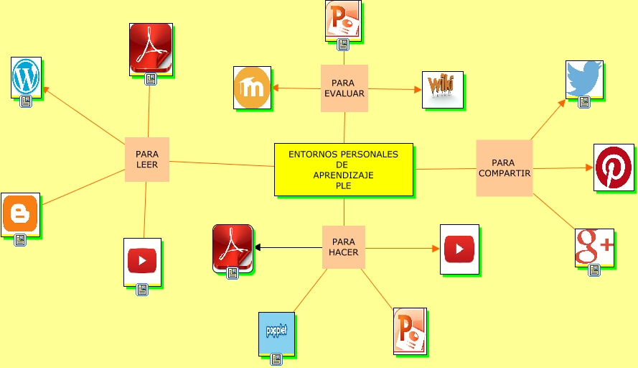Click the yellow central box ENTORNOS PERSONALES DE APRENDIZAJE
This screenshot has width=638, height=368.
click(x=343, y=169)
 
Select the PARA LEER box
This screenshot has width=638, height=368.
click(x=147, y=159)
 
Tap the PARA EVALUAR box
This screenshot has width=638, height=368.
click(x=344, y=88)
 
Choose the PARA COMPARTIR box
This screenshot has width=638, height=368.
click(x=504, y=168)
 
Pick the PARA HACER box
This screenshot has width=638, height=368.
click(x=343, y=247)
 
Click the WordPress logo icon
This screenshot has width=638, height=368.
click(x=26, y=75)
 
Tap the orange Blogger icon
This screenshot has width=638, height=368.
click(x=20, y=213)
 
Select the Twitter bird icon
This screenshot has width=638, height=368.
click(x=584, y=79)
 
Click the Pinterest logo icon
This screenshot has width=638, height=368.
click(x=613, y=167)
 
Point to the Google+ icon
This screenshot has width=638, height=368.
click(x=594, y=247)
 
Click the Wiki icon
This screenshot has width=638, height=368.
click(x=441, y=88)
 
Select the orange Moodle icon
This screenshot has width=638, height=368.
click(x=252, y=88)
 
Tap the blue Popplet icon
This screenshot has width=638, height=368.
click(x=276, y=333)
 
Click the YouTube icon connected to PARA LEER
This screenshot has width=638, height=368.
click(x=142, y=261)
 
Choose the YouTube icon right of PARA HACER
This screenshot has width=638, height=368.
click(x=459, y=249)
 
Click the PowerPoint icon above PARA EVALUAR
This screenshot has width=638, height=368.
click(x=342, y=19)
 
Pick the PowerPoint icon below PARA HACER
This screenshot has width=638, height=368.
click(x=410, y=331)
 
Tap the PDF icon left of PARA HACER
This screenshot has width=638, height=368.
click(x=233, y=248)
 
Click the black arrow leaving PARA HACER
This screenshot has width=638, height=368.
click(x=287, y=248)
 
